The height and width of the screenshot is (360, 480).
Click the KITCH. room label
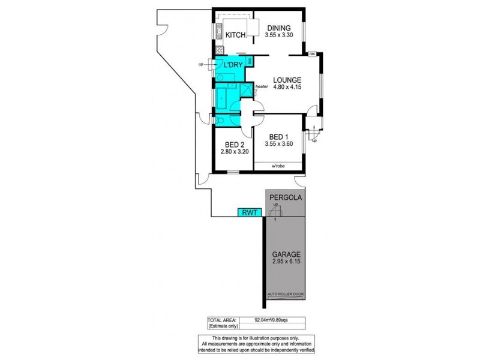(x=233, y=35)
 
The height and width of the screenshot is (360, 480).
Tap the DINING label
(x=278, y=28)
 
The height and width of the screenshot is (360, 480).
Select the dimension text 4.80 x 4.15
(x=286, y=87)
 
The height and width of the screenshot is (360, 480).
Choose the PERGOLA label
(x=285, y=197)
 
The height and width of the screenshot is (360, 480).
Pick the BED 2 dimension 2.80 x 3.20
(x=235, y=152)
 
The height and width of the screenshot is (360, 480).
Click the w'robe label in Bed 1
(x=277, y=166)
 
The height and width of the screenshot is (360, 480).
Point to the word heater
(x=261, y=87)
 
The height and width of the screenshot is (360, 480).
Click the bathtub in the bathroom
(x=226, y=97)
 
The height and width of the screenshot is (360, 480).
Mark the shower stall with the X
(x=246, y=89)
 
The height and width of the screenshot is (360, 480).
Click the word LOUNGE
(x=286, y=79)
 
